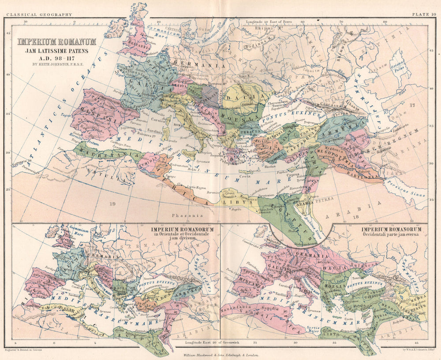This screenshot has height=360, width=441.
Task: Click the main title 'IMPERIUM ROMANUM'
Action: [x=57, y=42]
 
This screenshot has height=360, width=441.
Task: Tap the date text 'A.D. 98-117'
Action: [x=57, y=57]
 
